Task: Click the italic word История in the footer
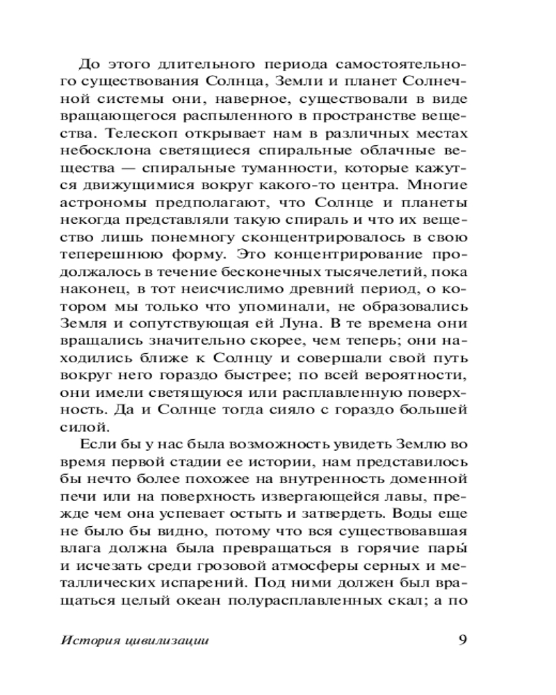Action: tap(108, 642)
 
